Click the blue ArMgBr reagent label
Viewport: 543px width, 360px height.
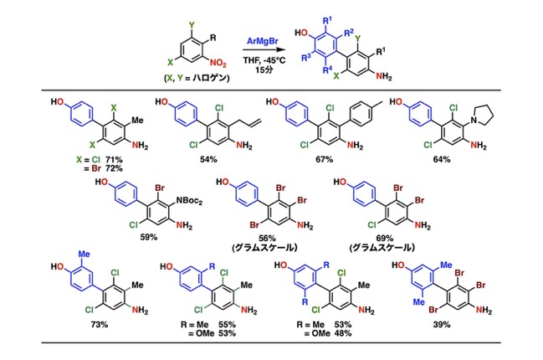point(262,41)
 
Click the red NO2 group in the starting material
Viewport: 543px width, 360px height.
point(218,64)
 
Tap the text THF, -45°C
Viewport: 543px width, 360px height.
point(264,60)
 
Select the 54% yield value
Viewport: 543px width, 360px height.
point(208,159)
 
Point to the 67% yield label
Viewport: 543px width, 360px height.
point(325,159)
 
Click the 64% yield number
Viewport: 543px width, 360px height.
point(442,159)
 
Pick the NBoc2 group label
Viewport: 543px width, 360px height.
point(189,201)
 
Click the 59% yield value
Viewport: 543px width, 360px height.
point(149,237)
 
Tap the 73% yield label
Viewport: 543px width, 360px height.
point(100,325)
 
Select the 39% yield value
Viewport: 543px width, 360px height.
point(442,325)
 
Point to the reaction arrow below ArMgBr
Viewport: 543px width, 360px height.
point(263,50)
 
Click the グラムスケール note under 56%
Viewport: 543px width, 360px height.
point(264,248)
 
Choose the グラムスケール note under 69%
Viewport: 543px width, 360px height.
point(382,248)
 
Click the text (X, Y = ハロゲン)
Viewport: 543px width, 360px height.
point(197,78)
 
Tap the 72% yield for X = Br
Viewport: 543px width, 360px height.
point(114,168)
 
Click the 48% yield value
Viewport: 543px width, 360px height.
point(343,333)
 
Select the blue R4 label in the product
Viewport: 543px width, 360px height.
point(327,70)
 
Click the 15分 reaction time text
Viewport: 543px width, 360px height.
point(264,69)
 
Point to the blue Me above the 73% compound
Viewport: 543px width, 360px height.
point(84,254)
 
